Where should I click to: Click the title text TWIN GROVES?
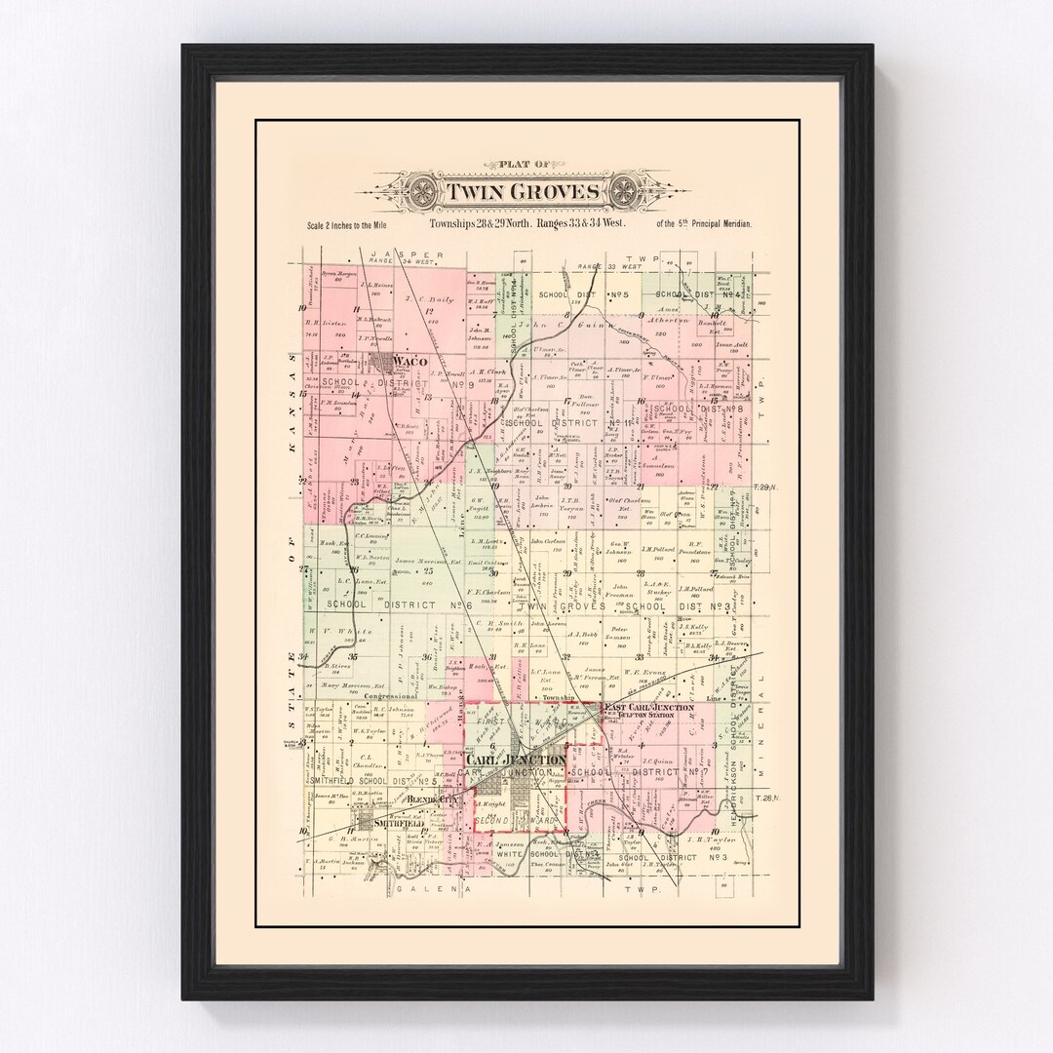click(x=525, y=190)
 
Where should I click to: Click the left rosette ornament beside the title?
click(x=425, y=189)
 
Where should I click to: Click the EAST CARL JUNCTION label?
click(x=648, y=707)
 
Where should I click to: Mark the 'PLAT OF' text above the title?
click(x=525, y=167)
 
